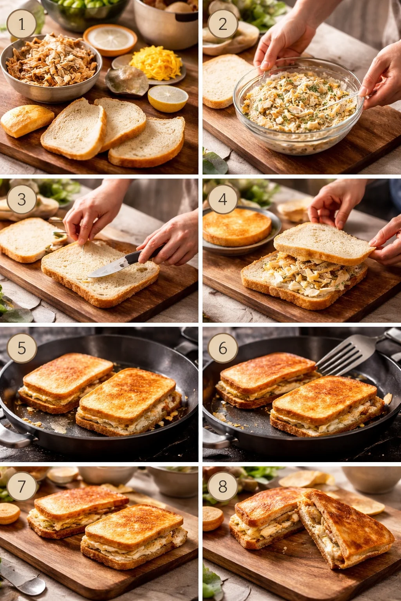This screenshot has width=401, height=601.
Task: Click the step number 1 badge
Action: point(22,24)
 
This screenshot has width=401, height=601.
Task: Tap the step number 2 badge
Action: point(223,24)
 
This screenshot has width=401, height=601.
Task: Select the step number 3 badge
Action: point(22,199)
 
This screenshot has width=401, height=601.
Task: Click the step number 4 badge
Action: point(223,199)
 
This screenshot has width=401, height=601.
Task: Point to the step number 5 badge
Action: point(22,348)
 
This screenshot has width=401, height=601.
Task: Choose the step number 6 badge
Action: point(223,348)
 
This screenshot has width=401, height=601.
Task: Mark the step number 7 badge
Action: point(22,486)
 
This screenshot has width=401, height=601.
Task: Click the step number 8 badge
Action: point(223,486)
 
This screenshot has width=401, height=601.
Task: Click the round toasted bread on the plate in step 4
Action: point(237,227)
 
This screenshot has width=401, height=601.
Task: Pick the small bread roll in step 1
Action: point(27,120)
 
